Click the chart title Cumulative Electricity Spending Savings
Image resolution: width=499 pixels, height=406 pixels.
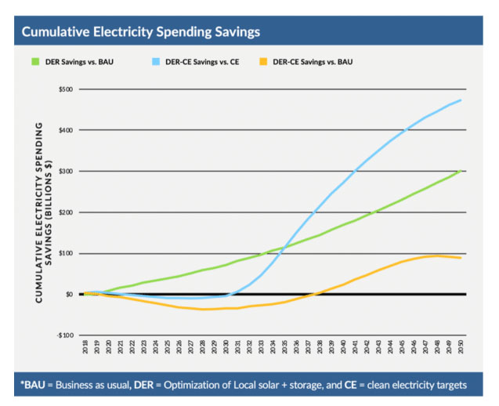coord(140,32)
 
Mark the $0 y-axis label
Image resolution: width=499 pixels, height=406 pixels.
coord(69,295)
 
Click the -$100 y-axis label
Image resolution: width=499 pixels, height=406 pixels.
coord(64,335)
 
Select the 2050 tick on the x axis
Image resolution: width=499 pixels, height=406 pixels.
coord(461,346)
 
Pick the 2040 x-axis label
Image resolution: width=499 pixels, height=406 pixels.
coord(344,346)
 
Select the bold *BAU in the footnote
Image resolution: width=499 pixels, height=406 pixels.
coord(38,385)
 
